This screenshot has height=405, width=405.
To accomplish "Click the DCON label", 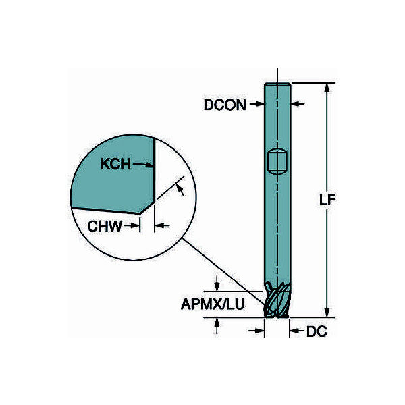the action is (225, 105).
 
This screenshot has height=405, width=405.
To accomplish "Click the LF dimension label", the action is (327, 200).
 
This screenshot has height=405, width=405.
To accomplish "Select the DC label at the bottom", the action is (317, 331).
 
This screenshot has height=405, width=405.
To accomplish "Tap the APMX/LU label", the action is (213, 304).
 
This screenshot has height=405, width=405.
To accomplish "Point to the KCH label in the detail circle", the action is (115, 164).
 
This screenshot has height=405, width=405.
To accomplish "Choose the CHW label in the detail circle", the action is (105, 226).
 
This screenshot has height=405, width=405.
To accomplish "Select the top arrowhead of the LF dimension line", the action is (327, 88).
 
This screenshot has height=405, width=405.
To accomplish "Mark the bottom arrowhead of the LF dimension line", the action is (327, 313).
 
